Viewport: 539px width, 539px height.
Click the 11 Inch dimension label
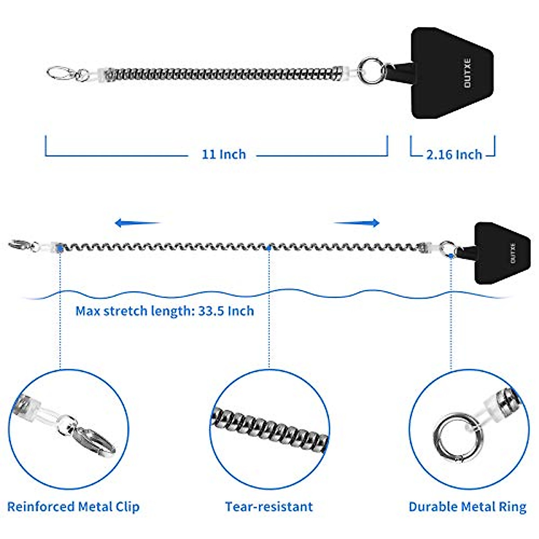223,155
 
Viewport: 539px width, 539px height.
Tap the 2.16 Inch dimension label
454,155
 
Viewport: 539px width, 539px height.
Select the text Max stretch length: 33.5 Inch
164,311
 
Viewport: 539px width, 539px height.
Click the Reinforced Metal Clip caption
73,507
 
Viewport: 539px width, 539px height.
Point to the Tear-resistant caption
269,507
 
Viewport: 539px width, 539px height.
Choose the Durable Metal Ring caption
467,507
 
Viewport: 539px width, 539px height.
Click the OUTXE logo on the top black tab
468,73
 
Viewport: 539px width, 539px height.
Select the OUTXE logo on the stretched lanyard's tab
513,253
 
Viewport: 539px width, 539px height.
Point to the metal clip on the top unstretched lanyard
61,73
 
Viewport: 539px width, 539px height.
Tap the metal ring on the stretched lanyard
447,247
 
